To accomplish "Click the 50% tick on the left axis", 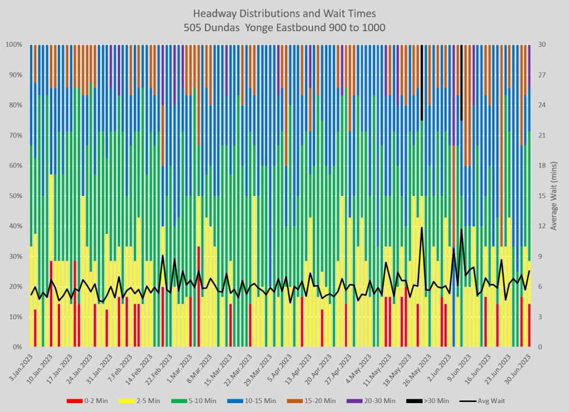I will [x=15, y=196].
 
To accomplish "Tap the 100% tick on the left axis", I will [x=13, y=45].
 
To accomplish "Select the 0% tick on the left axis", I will [x=17, y=347].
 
